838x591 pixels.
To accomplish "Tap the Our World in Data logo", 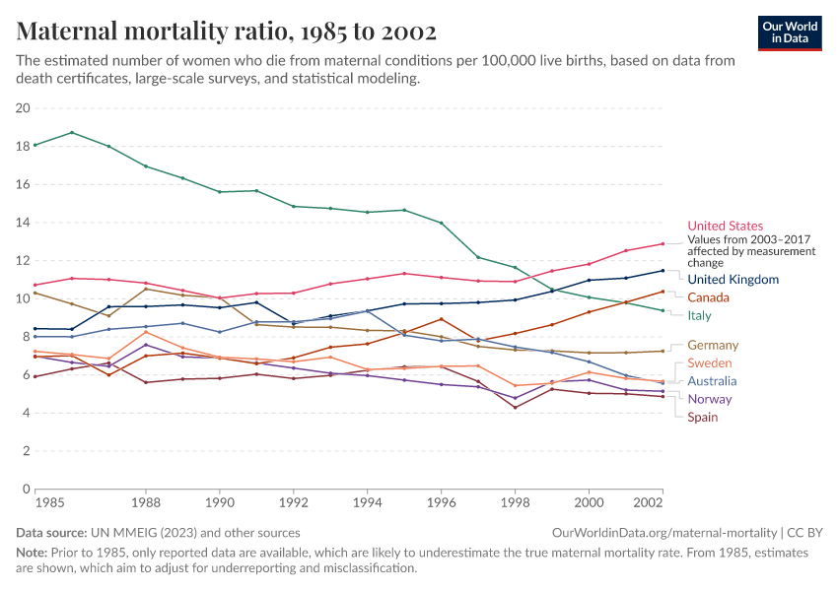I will (790, 33).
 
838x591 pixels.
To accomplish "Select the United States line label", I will (725, 226).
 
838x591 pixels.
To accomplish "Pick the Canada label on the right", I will (708, 297).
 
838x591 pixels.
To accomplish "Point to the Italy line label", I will (699, 315).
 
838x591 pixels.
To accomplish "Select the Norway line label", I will (711, 399).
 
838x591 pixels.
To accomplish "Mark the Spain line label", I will (703, 417).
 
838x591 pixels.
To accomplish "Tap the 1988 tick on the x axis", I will (146, 501).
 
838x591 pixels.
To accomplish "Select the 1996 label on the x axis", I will (441, 501).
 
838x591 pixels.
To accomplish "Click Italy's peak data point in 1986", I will (72, 132).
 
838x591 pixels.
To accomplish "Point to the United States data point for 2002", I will (663, 243).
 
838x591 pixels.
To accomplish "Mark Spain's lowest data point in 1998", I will (515, 407).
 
